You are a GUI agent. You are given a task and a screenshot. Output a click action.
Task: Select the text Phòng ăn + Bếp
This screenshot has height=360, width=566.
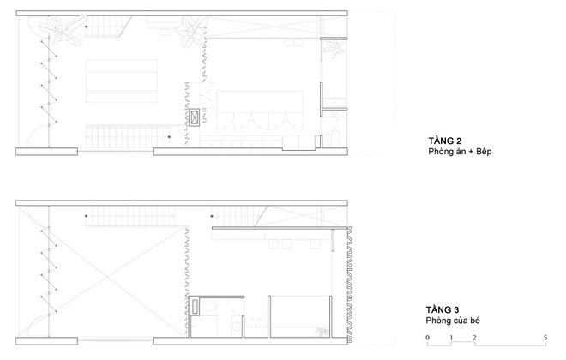pyautogui.click(x=460, y=152)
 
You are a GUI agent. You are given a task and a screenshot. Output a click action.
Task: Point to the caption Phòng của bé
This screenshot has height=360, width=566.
pyautogui.click(x=453, y=321)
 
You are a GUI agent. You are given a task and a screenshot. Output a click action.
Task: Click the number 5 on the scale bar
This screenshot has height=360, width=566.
pyautogui.click(x=545, y=338)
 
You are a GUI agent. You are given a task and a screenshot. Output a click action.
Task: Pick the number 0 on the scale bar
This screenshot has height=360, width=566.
pyautogui.click(x=427, y=338)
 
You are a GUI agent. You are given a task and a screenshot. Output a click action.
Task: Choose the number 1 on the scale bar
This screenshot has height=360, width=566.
pyautogui.click(x=451, y=338)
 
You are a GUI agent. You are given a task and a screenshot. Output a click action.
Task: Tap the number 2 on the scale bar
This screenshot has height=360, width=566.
pyautogui.click(x=474, y=338)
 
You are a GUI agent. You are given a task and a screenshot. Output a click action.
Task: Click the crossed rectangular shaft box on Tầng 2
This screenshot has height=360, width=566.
pyautogui.click(x=194, y=117)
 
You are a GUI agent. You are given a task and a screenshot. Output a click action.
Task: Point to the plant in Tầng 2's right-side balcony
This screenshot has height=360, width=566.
pyautogui.click(x=334, y=48)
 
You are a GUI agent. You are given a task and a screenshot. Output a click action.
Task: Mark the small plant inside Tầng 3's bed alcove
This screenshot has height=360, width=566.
pyautogui.click(x=321, y=332)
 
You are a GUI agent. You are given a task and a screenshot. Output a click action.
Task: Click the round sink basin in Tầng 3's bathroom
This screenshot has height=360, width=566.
pyautogui.click(x=236, y=327)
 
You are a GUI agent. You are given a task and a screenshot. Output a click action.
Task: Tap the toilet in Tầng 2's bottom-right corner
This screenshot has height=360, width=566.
pyautogui.click(x=335, y=138)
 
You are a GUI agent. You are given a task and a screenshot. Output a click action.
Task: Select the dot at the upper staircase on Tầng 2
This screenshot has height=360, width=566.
pyautogui.click(x=87, y=27)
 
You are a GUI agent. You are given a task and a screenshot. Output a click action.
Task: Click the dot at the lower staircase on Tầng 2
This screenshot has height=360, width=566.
pyautogui.click(x=169, y=137)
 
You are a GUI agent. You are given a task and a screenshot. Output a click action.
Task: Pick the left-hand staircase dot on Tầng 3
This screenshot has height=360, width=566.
pyautogui.click(x=87, y=216)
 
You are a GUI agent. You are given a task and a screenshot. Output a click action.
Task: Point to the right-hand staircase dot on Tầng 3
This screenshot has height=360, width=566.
pyautogui.click(x=212, y=216)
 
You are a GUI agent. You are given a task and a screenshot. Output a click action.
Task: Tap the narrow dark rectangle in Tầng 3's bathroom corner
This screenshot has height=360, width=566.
pyautogui.click(x=196, y=307)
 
